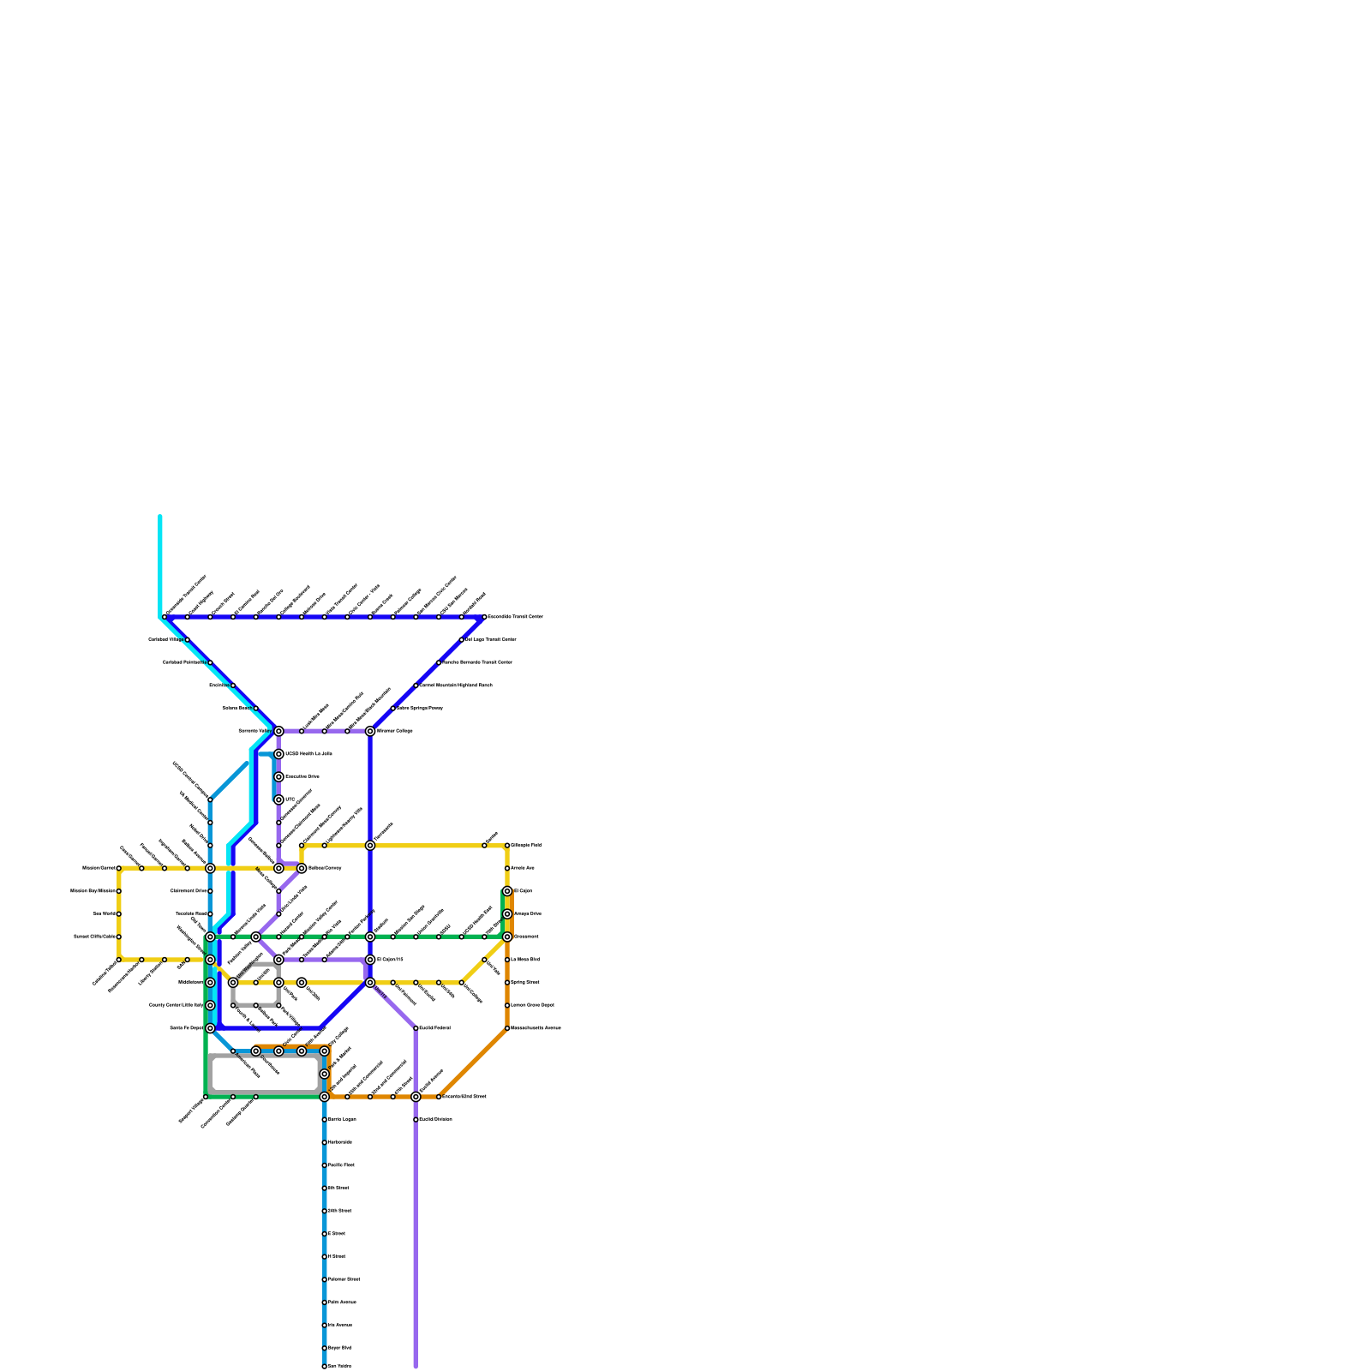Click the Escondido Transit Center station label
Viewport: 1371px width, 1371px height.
point(514,617)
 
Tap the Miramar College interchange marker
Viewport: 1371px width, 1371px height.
point(370,731)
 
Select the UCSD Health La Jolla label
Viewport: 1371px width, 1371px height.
point(308,754)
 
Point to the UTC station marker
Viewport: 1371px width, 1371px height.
point(278,799)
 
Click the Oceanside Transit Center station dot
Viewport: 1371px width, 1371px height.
point(165,617)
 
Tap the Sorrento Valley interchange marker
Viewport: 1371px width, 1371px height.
point(278,731)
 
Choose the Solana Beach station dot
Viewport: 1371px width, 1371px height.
point(255,708)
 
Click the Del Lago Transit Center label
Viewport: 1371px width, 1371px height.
point(491,639)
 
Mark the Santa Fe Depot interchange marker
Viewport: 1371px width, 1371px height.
point(210,1028)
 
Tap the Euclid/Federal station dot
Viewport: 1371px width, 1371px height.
point(416,1028)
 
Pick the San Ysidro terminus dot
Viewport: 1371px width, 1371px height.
point(324,1366)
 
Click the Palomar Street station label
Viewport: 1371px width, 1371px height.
point(344,1279)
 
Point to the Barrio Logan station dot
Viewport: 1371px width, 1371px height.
point(324,1119)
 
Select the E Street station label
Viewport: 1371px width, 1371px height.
point(337,1234)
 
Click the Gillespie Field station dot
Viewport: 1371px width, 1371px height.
point(507,845)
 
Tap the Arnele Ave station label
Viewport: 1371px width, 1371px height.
point(523,868)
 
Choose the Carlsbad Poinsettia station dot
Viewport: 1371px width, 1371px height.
point(210,662)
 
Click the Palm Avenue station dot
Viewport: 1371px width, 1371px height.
point(324,1302)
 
